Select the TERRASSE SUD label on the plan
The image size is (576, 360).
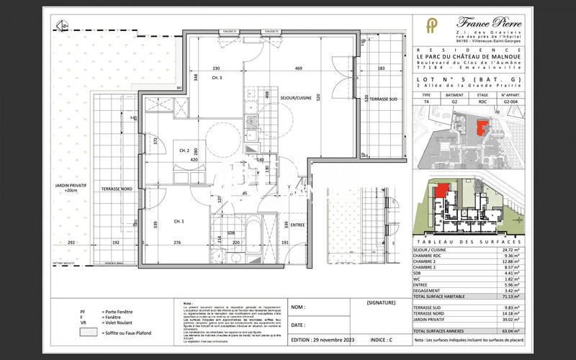379,98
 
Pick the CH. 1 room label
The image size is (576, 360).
179,220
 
